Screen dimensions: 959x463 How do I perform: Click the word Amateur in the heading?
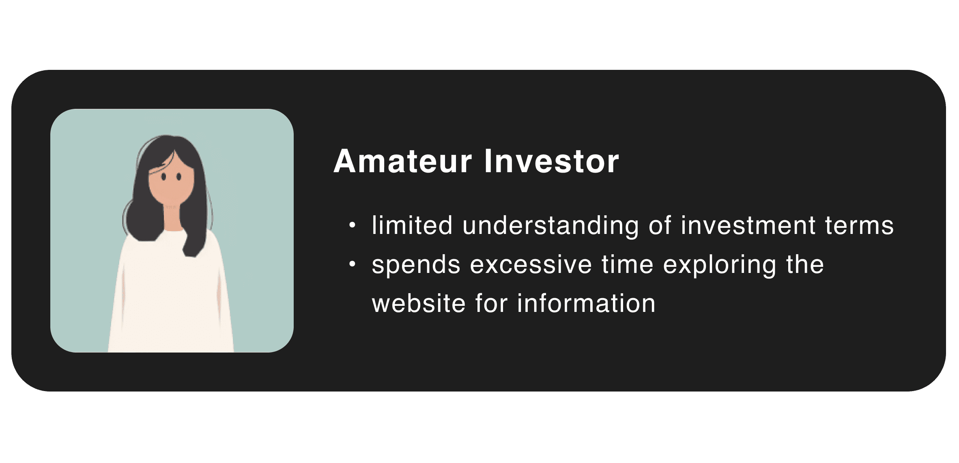coord(403,161)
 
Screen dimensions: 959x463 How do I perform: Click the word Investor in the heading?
coord(552,161)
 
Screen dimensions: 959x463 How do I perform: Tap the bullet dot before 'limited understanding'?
coord(352,225)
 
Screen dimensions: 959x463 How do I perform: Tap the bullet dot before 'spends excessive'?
coord(352,264)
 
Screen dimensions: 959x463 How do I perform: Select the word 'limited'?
coord(412,225)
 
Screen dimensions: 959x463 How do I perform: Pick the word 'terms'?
coord(860,226)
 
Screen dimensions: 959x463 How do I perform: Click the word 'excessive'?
coord(531,264)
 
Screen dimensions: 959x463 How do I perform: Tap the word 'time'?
coord(628,264)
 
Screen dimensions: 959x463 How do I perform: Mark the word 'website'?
coord(419,303)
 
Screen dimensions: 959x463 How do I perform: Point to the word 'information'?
coord(586,303)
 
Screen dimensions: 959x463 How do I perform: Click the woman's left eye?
coord(179,177)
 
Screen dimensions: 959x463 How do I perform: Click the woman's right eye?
coord(163,177)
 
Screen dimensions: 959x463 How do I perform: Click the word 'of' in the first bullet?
coord(660,225)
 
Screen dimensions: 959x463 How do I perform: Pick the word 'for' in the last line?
coord(491,303)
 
